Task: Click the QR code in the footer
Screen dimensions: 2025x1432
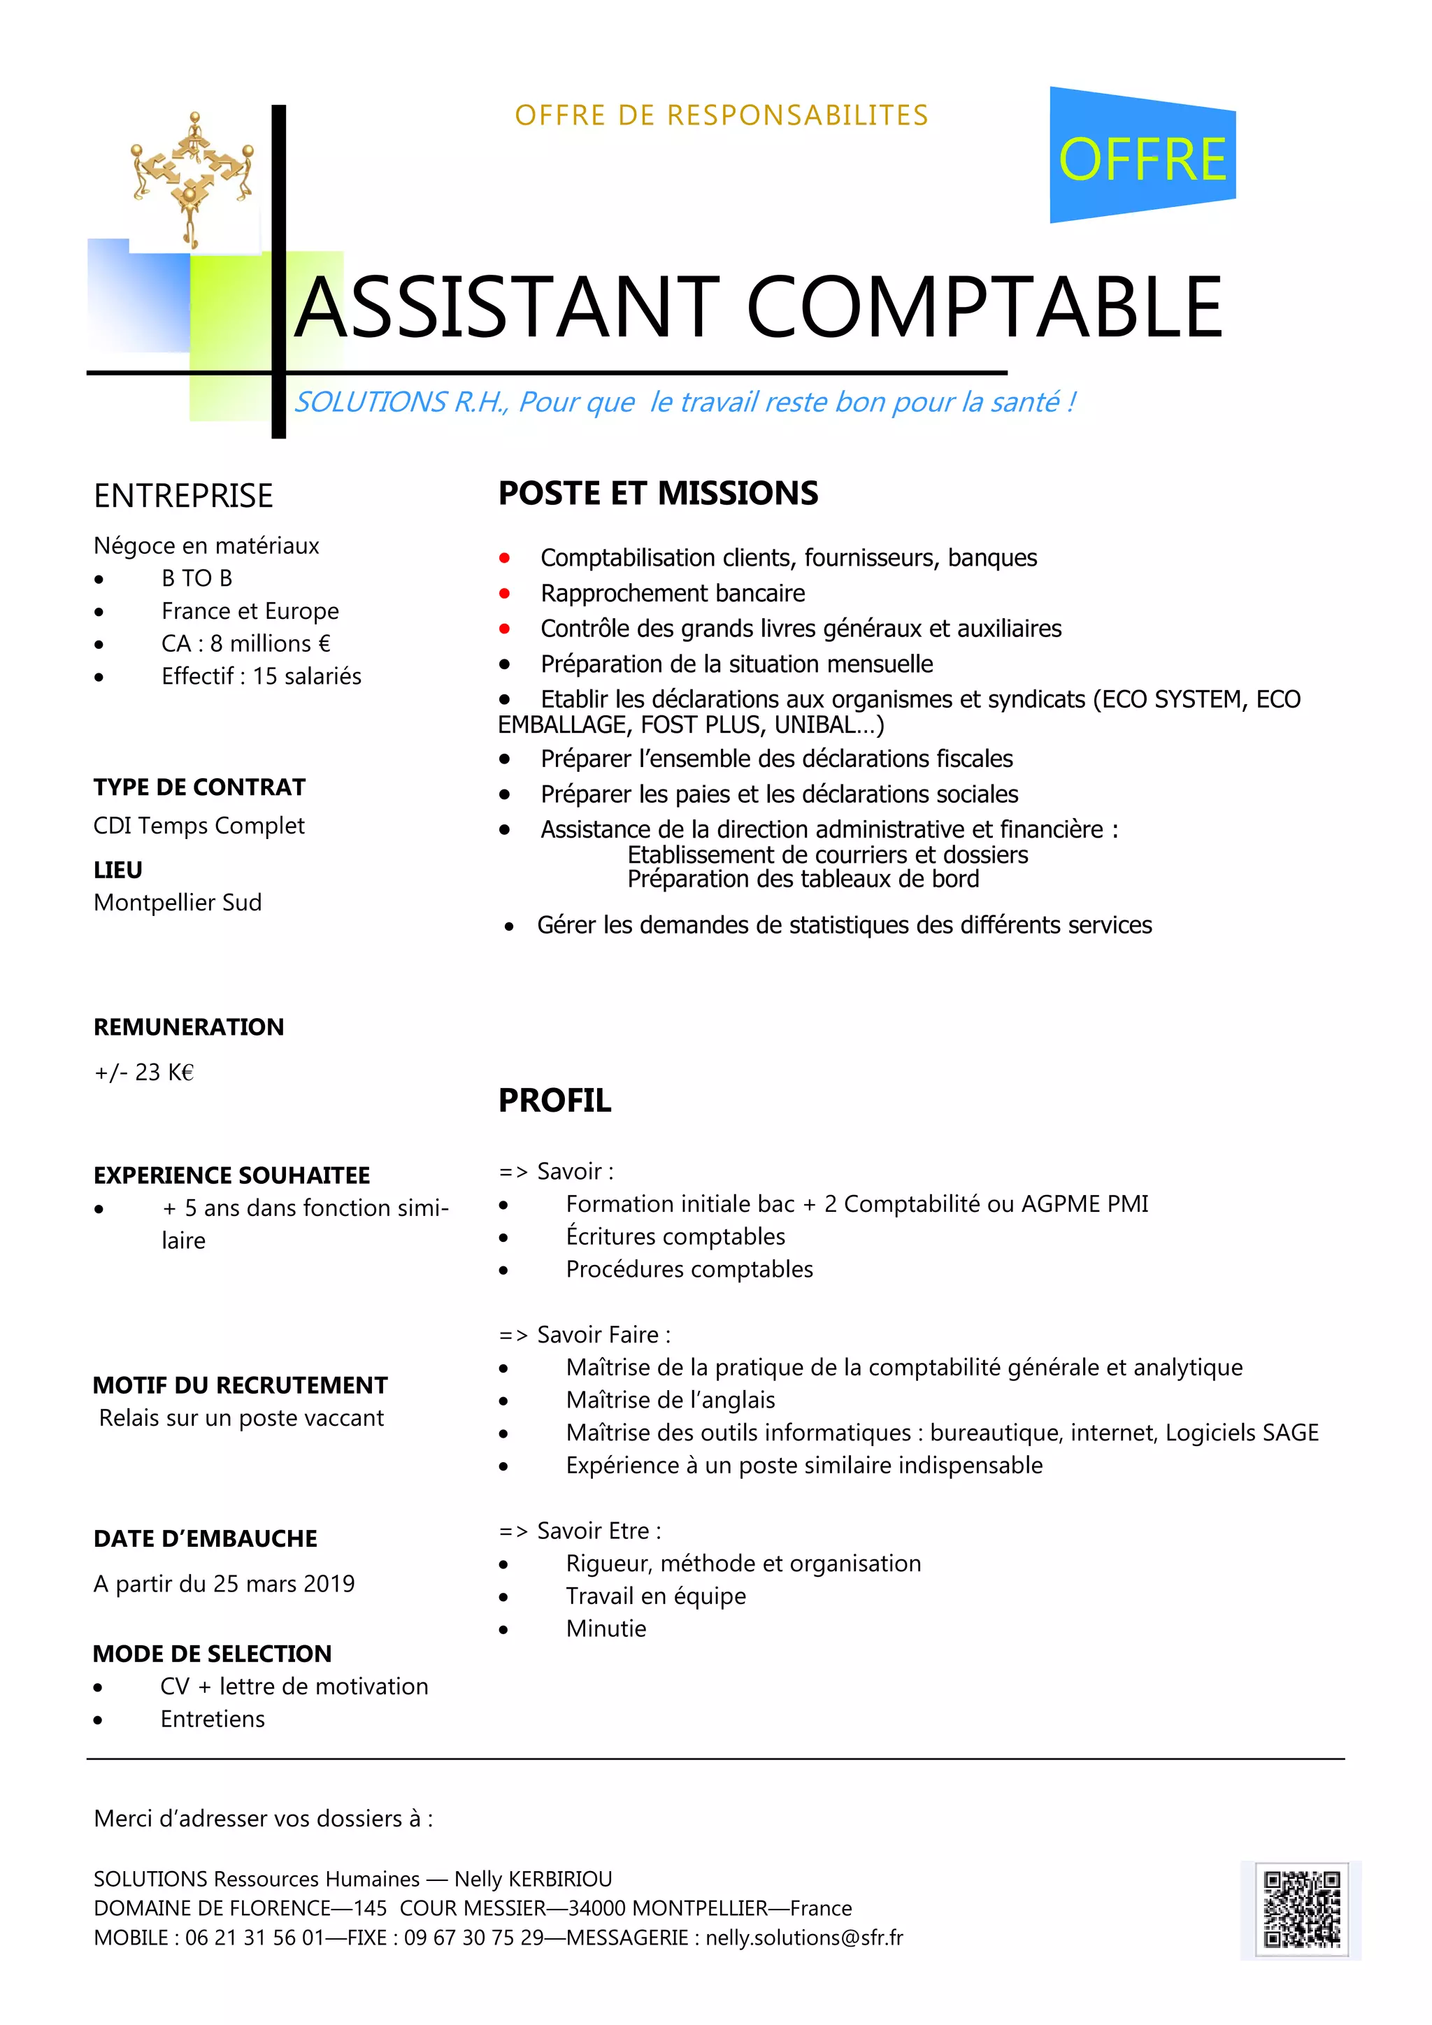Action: tap(1301, 1910)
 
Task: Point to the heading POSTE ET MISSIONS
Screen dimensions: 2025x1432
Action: tap(658, 493)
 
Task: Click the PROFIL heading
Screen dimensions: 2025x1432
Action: tap(554, 1101)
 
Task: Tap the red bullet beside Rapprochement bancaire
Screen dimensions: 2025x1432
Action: tap(504, 594)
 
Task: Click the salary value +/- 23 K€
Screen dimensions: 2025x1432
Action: tap(144, 1073)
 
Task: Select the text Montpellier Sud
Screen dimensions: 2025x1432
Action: tap(177, 902)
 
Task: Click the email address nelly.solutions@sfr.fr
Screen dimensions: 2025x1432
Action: tap(804, 1938)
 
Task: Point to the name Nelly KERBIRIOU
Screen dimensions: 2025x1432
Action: tap(533, 1880)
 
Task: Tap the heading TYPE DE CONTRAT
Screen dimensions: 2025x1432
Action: tap(199, 787)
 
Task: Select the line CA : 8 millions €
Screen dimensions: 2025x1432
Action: tap(246, 644)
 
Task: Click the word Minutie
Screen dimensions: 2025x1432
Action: tap(606, 1629)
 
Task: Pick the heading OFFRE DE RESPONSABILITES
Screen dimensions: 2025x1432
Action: tap(722, 115)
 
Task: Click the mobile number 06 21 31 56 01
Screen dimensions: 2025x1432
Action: tap(254, 1938)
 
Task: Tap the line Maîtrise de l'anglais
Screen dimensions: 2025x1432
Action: tap(670, 1401)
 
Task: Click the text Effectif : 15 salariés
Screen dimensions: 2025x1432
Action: tap(261, 676)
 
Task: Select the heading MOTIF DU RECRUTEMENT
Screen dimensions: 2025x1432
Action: tap(240, 1386)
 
